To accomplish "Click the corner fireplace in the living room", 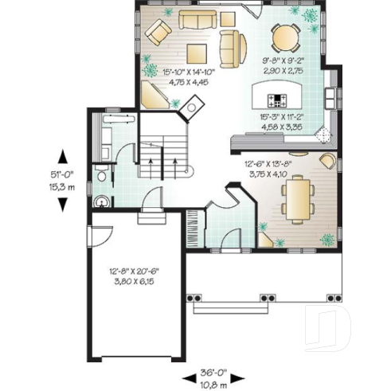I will click(191, 105).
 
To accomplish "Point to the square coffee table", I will click(197, 54).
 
